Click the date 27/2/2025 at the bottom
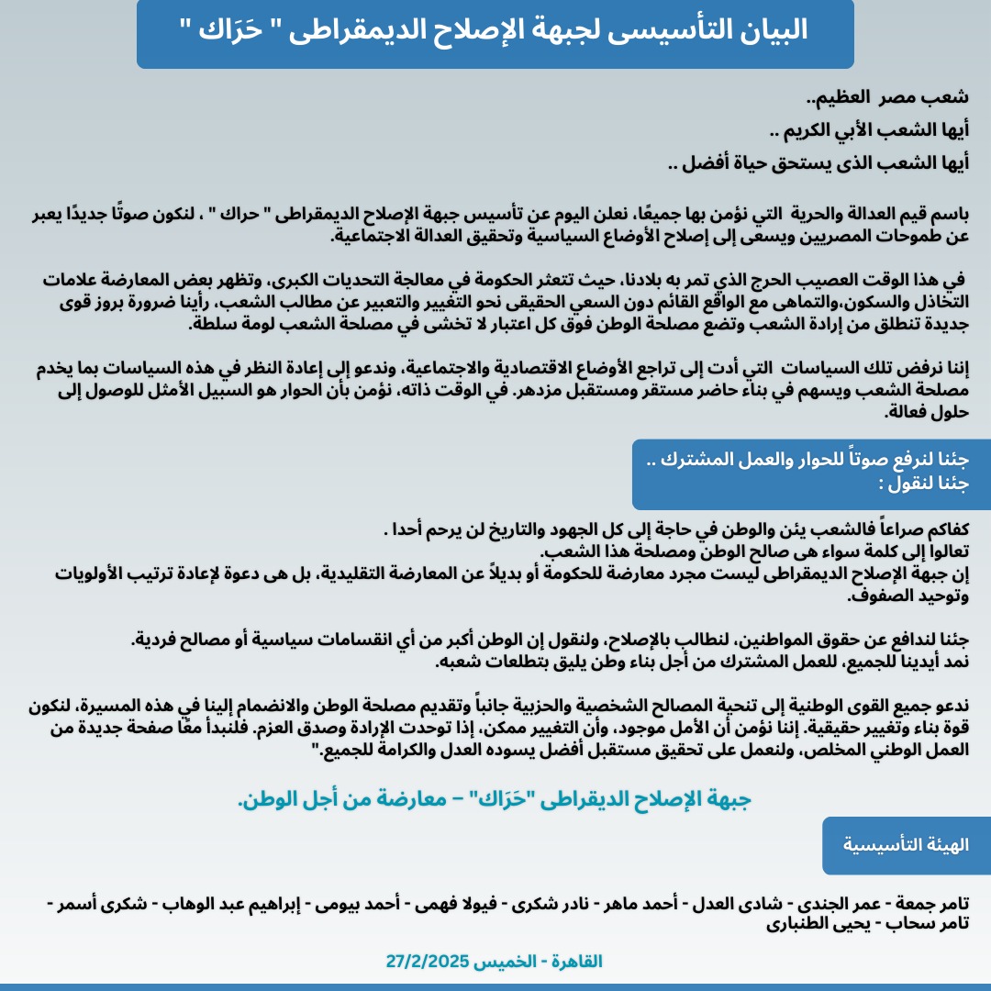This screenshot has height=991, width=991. tap(428, 962)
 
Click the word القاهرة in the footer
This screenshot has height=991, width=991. tap(573, 962)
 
